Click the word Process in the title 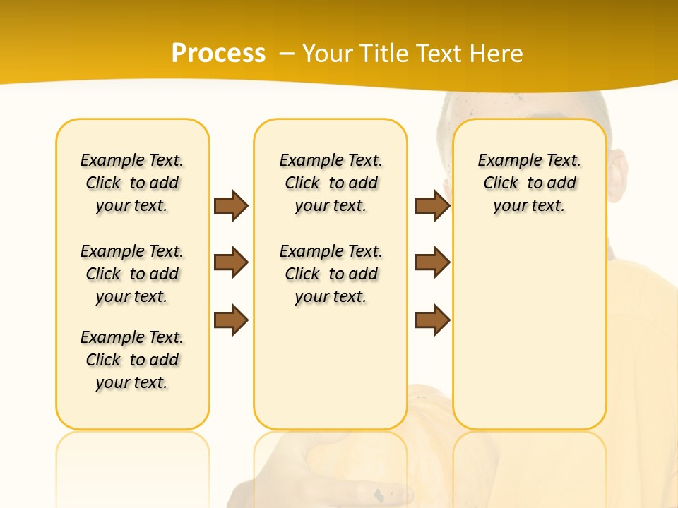click(x=218, y=53)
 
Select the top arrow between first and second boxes click(x=231, y=205)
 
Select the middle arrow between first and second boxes click(x=231, y=263)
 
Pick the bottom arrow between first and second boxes click(x=231, y=320)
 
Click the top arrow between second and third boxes click(x=432, y=205)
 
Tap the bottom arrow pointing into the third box click(x=432, y=320)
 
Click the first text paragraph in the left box click(x=132, y=183)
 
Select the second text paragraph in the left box click(x=132, y=274)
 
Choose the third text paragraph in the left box click(x=132, y=360)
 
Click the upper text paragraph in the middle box click(x=331, y=183)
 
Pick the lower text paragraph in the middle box click(x=331, y=274)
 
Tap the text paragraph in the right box click(x=530, y=183)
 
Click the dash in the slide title click(x=287, y=54)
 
